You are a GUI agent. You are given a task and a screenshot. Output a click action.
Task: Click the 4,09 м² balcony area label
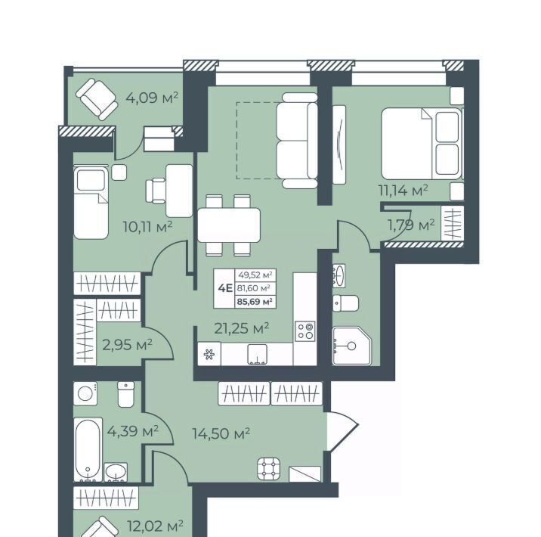click(152, 98)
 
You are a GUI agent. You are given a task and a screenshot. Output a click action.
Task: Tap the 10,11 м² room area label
click(147, 227)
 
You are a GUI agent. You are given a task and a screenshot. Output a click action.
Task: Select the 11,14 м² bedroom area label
click(403, 191)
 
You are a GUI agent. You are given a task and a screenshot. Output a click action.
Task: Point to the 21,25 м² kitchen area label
click(242, 328)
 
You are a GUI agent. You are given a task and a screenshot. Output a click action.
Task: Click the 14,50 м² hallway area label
click(221, 433)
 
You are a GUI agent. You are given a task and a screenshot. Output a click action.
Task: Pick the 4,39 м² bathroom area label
click(133, 431)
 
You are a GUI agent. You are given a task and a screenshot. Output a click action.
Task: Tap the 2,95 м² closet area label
click(127, 345)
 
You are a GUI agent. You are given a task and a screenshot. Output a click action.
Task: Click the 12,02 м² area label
click(155, 526)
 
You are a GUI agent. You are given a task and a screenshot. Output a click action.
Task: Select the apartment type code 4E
click(225, 288)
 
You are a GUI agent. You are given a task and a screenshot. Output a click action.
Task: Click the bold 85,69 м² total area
click(255, 302)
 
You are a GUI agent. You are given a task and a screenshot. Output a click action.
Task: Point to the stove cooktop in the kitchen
click(305, 331)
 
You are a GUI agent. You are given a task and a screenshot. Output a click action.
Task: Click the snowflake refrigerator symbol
click(209, 354)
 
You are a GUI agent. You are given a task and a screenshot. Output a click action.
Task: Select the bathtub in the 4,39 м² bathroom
click(88, 449)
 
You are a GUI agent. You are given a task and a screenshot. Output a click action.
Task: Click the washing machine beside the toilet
click(85, 393)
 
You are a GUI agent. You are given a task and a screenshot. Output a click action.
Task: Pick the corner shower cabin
click(351, 346)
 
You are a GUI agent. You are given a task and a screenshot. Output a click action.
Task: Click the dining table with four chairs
click(228, 225)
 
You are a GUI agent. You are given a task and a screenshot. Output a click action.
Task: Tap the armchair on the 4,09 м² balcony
click(97, 99)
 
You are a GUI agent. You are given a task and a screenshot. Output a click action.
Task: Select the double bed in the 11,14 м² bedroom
click(422, 143)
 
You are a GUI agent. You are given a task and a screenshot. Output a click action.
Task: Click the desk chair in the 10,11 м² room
click(156, 191)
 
